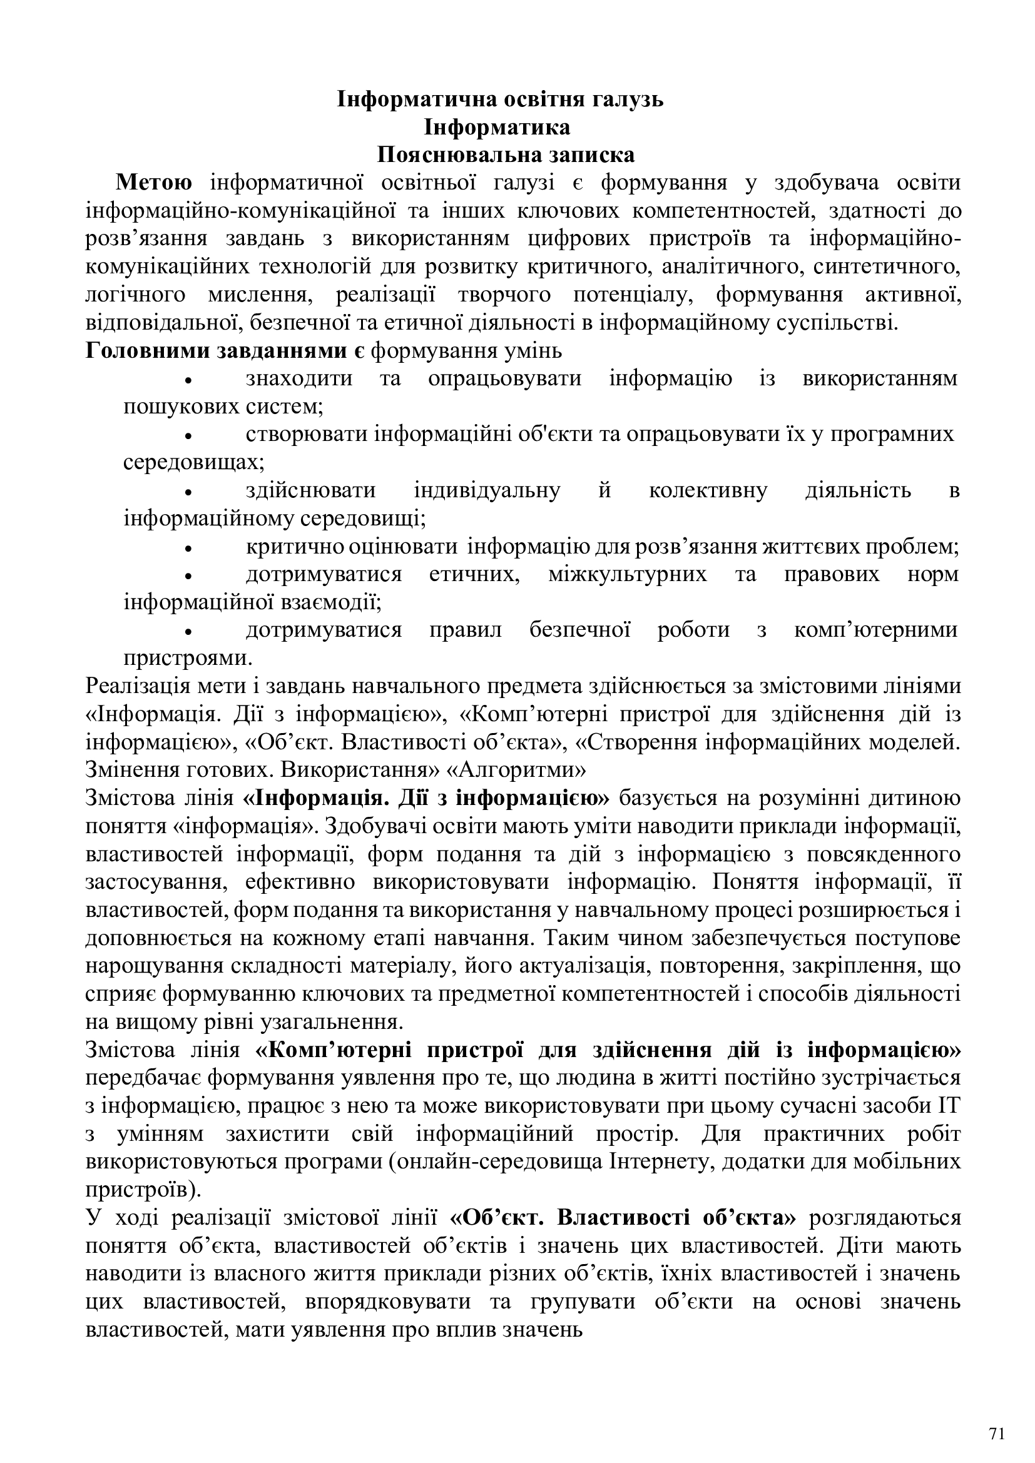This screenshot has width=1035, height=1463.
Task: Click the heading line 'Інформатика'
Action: (x=497, y=128)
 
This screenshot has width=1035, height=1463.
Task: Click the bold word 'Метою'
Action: (x=153, y=183)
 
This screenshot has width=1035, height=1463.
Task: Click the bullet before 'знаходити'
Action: (x=188, y=380)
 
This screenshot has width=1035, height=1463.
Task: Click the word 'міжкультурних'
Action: (x=627, y=574)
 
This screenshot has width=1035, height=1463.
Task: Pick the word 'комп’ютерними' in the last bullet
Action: (x=875, y=630)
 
